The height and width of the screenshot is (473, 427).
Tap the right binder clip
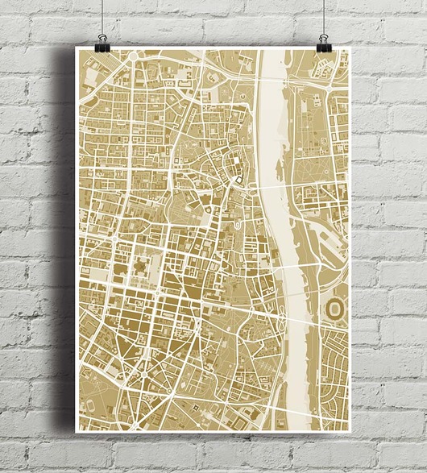click(x=324, y=40)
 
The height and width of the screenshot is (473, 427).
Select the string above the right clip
click(x=325, y=16)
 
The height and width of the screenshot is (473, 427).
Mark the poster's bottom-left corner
click(x=77, y=428)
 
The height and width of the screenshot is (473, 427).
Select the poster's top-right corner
click(x=350, y=48)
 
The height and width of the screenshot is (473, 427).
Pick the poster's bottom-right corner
click(x=350, y=428)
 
